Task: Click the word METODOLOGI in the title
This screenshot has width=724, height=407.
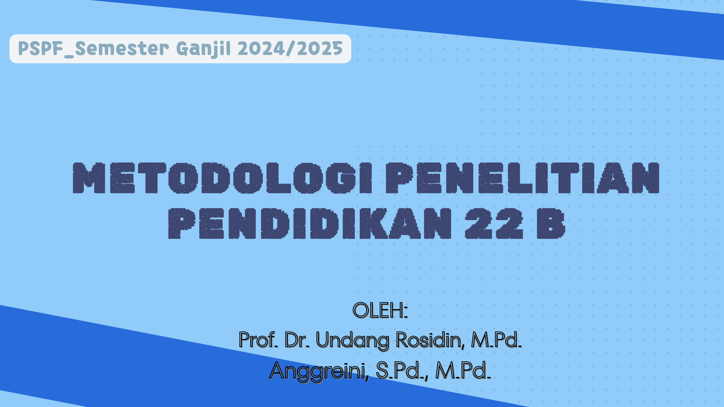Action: click(222, 178)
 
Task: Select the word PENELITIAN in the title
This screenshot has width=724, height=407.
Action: click(522, 178)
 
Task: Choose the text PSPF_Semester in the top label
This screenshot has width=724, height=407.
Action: click(94, 49)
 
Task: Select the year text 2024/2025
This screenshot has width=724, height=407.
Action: click(290, 49)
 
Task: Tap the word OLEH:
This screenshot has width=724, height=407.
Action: click(380, 310)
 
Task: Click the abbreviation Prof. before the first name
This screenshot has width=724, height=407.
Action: click(259, 340)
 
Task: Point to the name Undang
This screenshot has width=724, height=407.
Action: click(352, 341)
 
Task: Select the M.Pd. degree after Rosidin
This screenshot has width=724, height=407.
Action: click(496, 340)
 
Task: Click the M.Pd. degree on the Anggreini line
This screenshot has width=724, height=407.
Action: click(463, 370)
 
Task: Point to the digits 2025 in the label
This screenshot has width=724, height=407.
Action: click(320, 49)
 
